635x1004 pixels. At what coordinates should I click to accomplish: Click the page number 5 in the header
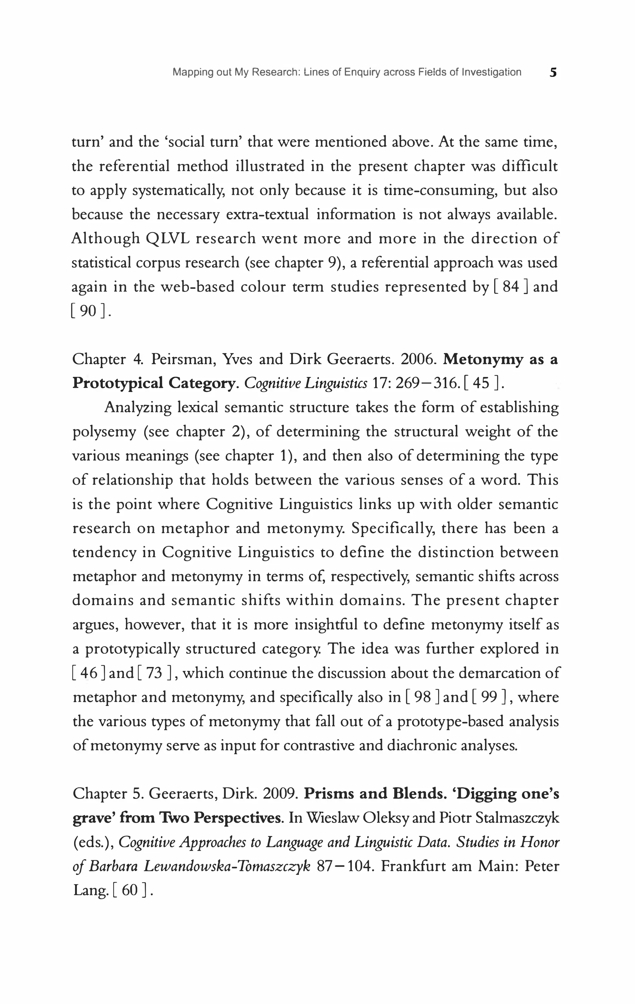(x=553, y=73)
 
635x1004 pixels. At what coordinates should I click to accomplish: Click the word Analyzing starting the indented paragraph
(x=138, y=407)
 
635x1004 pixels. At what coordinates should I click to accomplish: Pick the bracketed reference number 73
(x=154, y=673)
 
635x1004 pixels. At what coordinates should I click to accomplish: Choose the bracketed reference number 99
(x=489, y=697)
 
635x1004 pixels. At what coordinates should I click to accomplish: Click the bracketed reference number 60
(x=130, y=891)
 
